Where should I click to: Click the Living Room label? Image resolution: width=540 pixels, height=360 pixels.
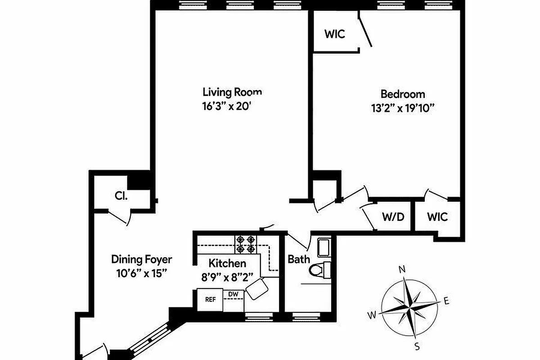[232, 93]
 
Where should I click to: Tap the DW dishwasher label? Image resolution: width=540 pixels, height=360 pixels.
[233, 294]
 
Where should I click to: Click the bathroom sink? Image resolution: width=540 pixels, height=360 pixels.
[324, 247]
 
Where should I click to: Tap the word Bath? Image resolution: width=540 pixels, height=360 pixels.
[299, 259]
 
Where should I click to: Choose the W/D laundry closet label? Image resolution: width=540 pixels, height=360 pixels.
[394, 217]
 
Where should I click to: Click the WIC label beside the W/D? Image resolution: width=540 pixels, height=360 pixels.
[437, 217]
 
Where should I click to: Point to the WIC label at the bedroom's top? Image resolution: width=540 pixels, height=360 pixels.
[335, 34]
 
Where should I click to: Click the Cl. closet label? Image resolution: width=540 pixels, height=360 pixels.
[121, 196]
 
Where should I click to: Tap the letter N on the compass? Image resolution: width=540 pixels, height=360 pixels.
[402, 270]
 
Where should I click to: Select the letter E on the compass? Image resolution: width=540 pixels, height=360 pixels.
[446, 301]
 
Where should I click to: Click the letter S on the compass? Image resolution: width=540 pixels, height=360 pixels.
[417, 346]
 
